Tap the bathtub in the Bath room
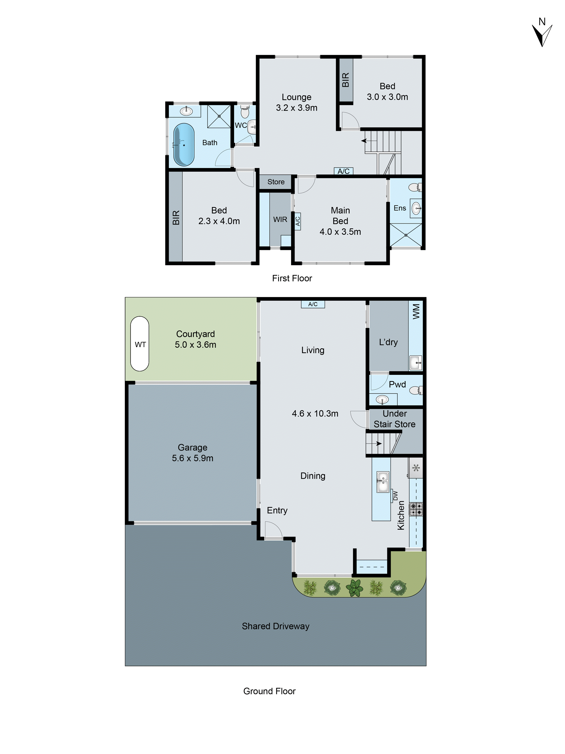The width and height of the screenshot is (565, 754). [x=184, y=145]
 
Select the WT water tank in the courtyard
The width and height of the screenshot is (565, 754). [x=140, y=344]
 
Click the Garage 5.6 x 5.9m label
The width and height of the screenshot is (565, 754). [x=192, y=453]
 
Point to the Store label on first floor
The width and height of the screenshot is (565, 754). [x=276, y=182]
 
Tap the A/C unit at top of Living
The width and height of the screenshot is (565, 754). [x=313, y=304]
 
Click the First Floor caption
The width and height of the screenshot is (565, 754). [x=292, y=278]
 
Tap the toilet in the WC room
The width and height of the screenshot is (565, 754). [x=245, y=112]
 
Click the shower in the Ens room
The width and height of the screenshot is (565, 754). [x=406, y=235]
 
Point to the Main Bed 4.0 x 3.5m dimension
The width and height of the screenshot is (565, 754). [x=340, y=232]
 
